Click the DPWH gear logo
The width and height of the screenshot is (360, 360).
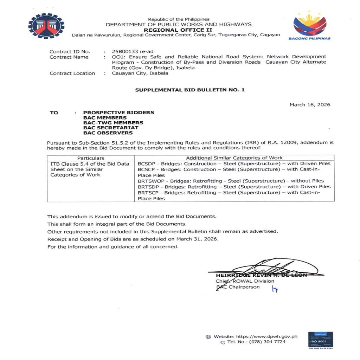pos(46,26)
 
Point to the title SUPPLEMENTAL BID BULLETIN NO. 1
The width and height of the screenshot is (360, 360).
pos(190,90)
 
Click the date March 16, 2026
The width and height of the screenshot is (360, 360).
pos(310,104)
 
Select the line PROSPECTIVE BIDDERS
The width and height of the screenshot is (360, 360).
pos(118,112)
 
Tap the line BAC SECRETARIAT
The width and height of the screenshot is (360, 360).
pos(110,128)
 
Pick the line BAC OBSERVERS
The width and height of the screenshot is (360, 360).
pos(108,133)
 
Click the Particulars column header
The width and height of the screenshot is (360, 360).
pos(91,158)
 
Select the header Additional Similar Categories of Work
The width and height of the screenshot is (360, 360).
pos(234,158)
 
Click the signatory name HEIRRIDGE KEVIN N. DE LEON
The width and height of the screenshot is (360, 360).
pos(261,275)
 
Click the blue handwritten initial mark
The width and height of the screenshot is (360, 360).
pos(275,289)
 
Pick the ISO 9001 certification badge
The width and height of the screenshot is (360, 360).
pos(320,340)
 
